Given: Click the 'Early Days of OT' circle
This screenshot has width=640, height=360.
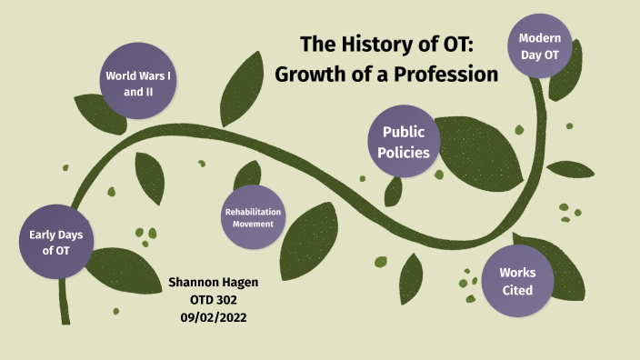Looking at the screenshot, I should tap(56, 243).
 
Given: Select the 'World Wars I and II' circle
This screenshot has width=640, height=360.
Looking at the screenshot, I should tap(137, 84).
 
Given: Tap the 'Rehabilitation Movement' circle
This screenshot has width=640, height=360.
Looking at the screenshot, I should tap(253, 218).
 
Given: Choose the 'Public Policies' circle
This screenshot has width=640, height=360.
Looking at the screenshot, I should tap(404, 142).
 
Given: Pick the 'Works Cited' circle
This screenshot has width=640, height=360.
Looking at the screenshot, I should tap(517, 281).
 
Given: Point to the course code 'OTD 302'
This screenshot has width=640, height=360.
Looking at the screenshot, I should tap(215, 299).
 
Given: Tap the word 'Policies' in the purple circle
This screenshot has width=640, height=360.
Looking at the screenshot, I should tap(404, 152).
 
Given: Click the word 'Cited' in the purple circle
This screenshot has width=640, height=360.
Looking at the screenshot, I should tap(517, 291).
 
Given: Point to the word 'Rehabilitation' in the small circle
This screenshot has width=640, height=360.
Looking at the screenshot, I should tap(253, 213).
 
